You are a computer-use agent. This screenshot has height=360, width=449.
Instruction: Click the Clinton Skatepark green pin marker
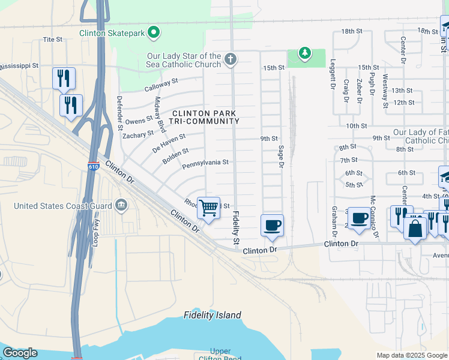[x=154, y=32]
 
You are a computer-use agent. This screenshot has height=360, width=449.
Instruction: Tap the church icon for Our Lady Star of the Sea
[x=230, y=59]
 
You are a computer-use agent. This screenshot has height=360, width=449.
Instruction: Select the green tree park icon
[x=306, y=55]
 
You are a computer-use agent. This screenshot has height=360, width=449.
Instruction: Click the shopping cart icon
[x=208, y=208]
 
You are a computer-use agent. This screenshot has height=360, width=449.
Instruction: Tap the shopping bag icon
[x=415, y=228]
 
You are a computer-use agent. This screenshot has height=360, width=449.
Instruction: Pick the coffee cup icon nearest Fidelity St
[x=272, y=225]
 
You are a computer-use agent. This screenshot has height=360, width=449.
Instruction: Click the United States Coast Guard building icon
[x=121, y=206]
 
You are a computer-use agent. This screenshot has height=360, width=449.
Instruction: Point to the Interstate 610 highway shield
[x=93, y=166]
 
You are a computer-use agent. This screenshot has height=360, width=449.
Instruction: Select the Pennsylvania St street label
[x=205, y=163]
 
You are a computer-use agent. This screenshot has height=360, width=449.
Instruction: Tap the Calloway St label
[x=161, y=85]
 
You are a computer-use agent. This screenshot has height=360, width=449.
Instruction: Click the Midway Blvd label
[x=160, y=115]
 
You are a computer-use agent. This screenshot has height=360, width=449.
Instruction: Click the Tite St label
[x=53, y=40]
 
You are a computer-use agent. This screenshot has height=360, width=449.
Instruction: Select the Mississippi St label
[x=19, y=65]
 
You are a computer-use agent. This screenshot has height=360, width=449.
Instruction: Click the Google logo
[x=20, y=353]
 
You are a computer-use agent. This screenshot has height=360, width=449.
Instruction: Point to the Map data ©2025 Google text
[x=411, y=355]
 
